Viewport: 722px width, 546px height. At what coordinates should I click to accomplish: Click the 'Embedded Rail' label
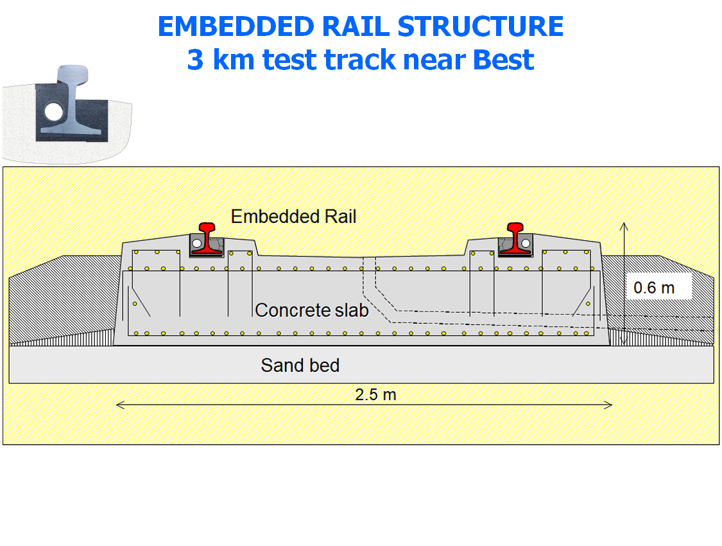(x=293, y=216)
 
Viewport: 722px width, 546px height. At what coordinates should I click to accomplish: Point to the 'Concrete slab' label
(x=311, y=310)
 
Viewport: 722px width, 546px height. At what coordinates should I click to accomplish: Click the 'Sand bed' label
(x=300, y=365)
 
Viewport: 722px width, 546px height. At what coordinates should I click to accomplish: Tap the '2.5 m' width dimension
(x=375, y=394)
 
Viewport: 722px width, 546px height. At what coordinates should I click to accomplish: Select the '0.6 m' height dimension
(x=654, y=288)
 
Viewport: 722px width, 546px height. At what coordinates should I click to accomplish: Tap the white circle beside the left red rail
(x=197, y=243)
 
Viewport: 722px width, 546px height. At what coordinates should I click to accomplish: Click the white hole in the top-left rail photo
(x=54, y=113)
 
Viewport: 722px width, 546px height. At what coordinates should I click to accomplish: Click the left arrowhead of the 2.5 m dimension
(x=118, y=405)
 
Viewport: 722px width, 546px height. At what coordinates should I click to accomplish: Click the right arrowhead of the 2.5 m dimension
(x=610, y=405)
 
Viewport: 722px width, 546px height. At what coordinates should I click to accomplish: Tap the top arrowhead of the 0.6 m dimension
(x=622, y=224)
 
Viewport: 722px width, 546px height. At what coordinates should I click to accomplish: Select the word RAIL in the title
(x=357, y=27)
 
